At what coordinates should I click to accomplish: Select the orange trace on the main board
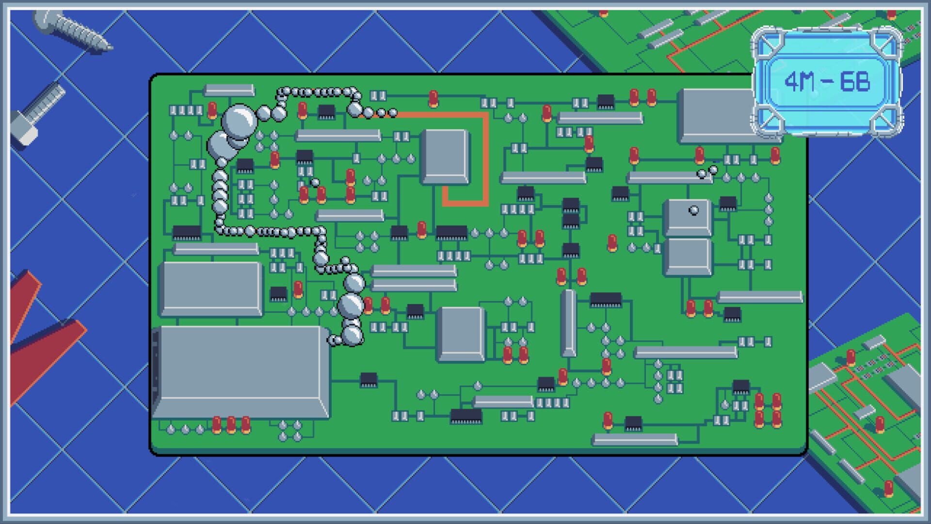[485, 160]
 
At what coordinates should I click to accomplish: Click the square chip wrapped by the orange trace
[445, 156]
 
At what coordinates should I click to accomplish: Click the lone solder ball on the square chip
[694, 210]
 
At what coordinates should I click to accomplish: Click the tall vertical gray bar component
[568, 323]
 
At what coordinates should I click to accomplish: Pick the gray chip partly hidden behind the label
[715, 115]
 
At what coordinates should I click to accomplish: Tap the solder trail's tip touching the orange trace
[393, 113]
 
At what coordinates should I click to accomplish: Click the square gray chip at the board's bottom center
[461, 334]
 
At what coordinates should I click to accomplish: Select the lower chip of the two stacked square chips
[688, 257]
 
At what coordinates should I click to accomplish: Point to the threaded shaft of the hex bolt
[46, 102]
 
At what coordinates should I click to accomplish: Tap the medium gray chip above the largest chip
[211, 289]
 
